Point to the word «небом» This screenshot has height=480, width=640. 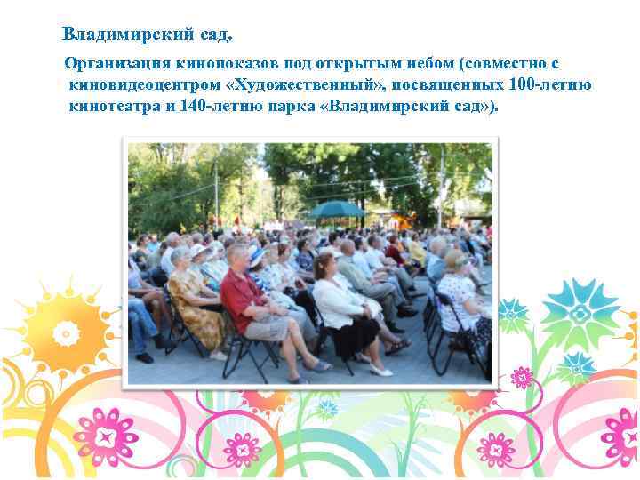click(420, 64)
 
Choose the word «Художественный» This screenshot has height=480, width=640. click(309, 85)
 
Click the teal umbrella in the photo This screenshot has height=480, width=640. click(335, 209)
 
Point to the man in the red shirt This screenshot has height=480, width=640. click(244, 298)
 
